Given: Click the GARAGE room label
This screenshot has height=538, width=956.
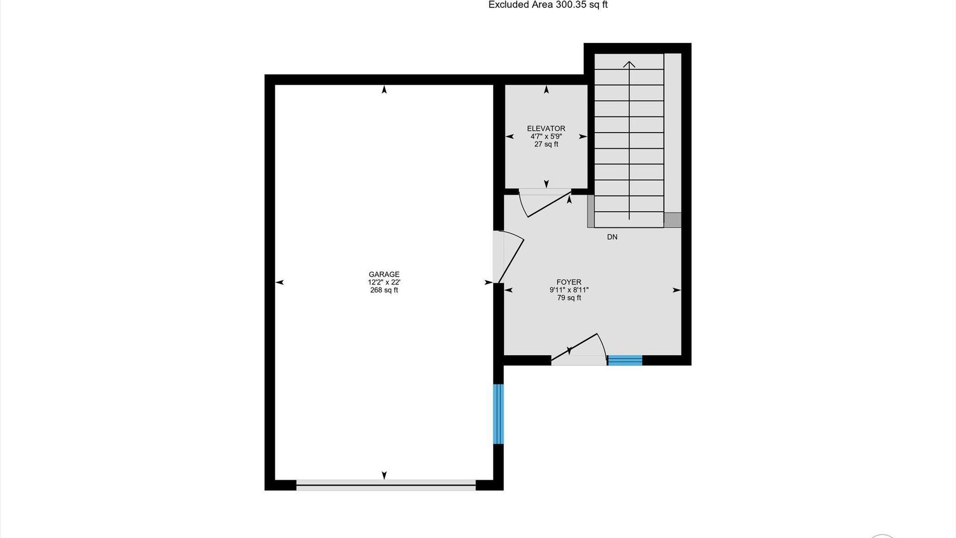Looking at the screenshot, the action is click(x=384, y=274).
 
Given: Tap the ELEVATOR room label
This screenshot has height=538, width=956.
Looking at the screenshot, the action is click(x=546, y=129).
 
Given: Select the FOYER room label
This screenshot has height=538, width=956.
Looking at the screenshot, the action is click(x=569, y=282).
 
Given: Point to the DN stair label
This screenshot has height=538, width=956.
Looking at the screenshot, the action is click(x=612, y=237).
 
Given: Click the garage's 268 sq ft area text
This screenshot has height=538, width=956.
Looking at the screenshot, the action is click(x=384, y=290).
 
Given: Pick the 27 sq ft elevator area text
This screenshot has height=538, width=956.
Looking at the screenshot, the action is click(x=546, y=144).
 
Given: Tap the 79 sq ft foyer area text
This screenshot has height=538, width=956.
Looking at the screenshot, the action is click(x=569, y=298).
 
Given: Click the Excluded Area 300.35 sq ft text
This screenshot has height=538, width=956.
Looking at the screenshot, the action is click(x=548, y=5).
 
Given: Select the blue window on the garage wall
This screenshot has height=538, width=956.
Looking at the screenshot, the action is click(x=498, y=413).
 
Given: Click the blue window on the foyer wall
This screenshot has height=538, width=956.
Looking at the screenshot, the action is click(x=625, y=360).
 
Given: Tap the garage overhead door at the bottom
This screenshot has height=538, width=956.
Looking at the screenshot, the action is click(x=386, y=485).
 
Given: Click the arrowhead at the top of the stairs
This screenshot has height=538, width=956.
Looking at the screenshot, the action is click(x=629, y=64).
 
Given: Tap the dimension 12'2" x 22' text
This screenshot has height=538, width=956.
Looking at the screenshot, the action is click(x=384, y=282).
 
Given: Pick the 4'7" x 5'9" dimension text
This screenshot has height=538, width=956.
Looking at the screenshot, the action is click(x=546, y=136).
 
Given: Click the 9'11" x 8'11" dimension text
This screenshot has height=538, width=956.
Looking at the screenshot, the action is click(x=569, y=290).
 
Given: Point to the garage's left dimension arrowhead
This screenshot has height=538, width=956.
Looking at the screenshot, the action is click(x=280, y=282).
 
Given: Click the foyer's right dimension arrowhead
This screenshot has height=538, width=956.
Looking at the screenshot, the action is click(x=677, y=290).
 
